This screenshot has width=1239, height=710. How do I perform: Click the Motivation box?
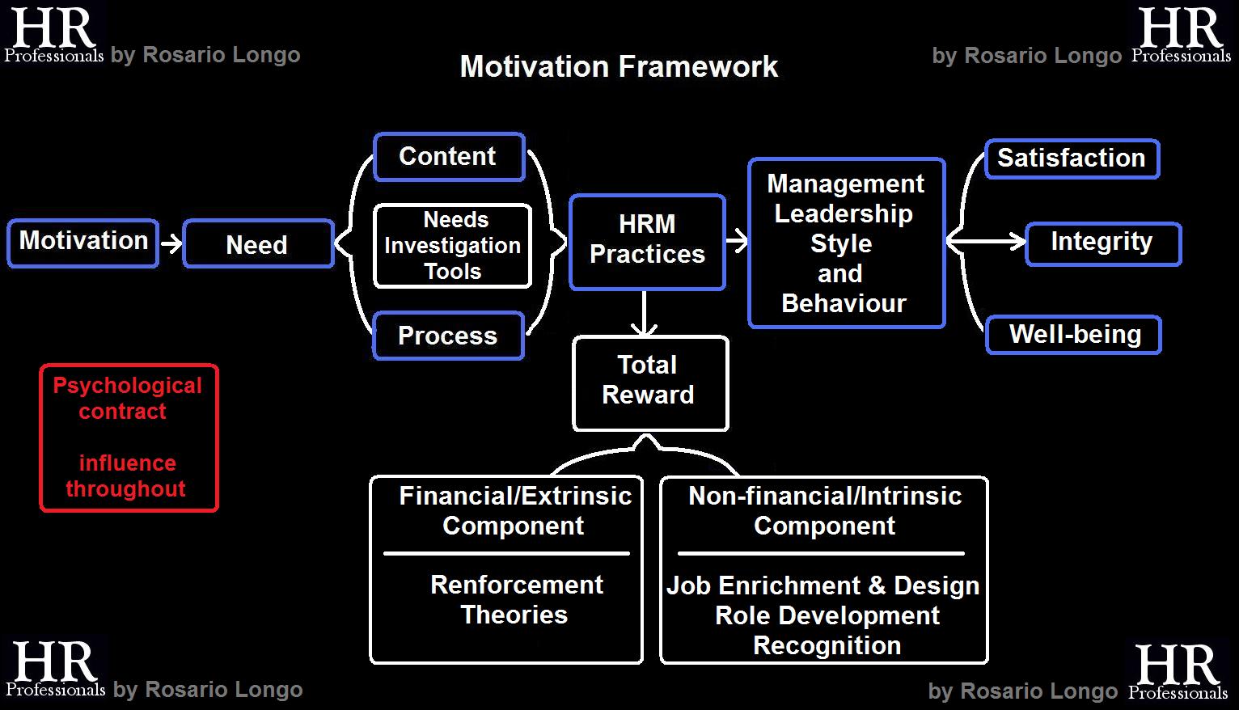pos(83,242)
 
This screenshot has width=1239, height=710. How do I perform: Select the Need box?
pos(258,243)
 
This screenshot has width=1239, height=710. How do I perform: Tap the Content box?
pos(449,156)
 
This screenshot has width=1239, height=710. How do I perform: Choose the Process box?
pos(448,335)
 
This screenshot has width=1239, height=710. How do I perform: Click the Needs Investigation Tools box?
pos(452,245)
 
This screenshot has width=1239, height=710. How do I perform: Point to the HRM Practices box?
pos(647,240)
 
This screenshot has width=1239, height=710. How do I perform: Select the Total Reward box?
pos(649,381)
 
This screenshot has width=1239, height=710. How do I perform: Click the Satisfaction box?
pos(1072,158)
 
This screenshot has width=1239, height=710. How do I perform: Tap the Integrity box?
pos(1102,243)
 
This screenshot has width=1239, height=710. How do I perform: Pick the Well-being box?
pos(1073,334)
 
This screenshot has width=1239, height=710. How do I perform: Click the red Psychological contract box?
pos(129,437)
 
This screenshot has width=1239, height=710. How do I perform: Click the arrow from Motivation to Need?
pos(171,243)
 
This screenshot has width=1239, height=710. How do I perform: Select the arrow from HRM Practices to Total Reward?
pos(644,313)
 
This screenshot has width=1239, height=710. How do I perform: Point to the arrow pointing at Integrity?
pos(987,240)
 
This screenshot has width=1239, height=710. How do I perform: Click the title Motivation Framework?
pos(619,66)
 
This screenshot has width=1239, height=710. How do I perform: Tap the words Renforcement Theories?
pos(516,599)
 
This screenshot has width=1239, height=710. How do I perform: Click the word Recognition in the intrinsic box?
pos(827,645)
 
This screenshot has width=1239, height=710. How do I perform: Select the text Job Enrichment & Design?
pos(823,585)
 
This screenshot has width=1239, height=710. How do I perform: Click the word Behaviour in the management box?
pos(844,303)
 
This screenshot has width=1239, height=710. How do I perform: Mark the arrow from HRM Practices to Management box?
pos(737,240)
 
